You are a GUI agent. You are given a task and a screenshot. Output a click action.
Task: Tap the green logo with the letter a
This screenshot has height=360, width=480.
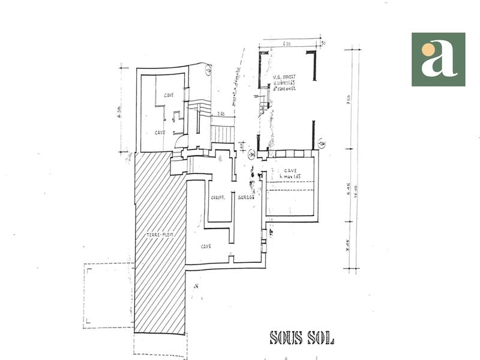[438, 59]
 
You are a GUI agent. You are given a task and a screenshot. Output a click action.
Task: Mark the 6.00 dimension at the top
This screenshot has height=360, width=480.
[287, 43]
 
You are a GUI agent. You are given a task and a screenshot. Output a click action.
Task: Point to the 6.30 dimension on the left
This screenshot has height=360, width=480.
[119, 111]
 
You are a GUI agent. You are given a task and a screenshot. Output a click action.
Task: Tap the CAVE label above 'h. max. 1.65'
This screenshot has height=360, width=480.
[291, 170]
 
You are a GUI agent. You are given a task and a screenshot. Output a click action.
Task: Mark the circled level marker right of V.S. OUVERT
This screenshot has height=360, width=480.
[322, 144]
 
